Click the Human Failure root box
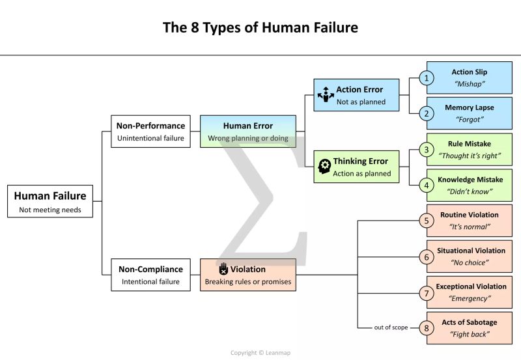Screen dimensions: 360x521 pyautogui.click(x=50, y=201)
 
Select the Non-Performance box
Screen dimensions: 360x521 pyautogui.click(x=151, y=131)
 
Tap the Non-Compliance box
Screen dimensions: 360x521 pyautogui.click(x=151, y=275)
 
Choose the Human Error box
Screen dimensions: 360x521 pyautogui.click(x=247, y=131)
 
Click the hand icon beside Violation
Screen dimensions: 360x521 pyautogui.click(x=223, y=268)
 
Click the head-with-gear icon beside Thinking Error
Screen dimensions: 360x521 pyautogui.click(x=324, y=166)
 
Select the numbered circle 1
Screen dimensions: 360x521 pyautogui.click(x=427, y=78)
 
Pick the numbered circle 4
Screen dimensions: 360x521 pyautogui.click(x=427, y=186)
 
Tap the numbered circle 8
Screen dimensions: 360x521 pyautogui.click(x=427, y=327)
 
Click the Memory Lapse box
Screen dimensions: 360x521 pyautogui.click(x=469, y=113)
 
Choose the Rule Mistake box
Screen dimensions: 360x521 pyautogui.click(x=469, y=149)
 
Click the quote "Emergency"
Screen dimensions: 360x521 pyautogui.click(x=470, y=298)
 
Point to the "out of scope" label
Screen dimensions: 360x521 pyautogui.click(x=391, y=327)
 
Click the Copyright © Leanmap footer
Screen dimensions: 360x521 pyautogui.click(x=260, y=353)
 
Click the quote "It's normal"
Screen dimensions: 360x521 pyautogui.click(x=470, y=227)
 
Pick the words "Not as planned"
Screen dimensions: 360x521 pyautogui.click(x=361, y=102)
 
